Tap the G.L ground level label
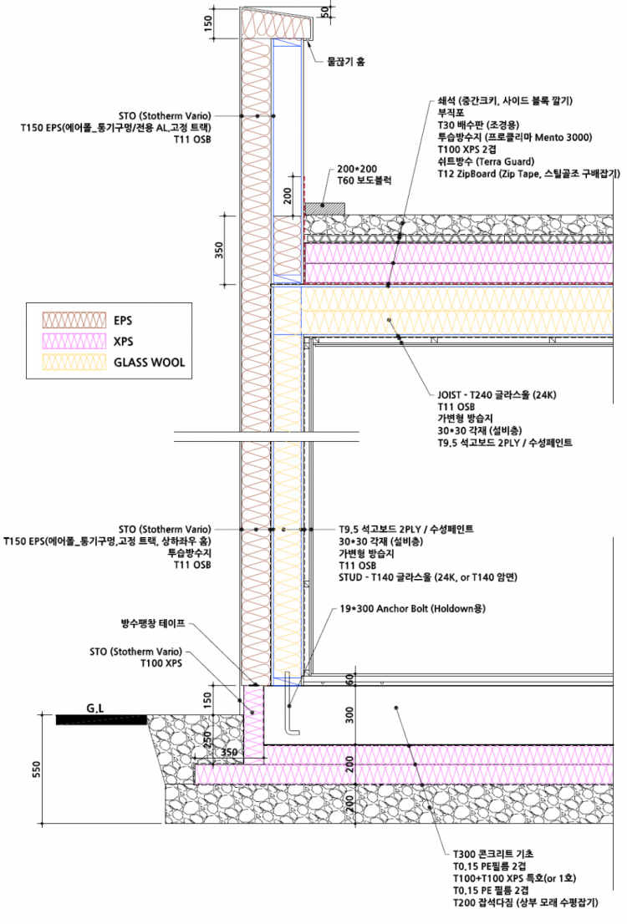pos(95,708)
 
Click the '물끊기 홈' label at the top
pos(345,61)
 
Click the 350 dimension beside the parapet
pos(219,251)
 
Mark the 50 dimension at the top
pos(324,15)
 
